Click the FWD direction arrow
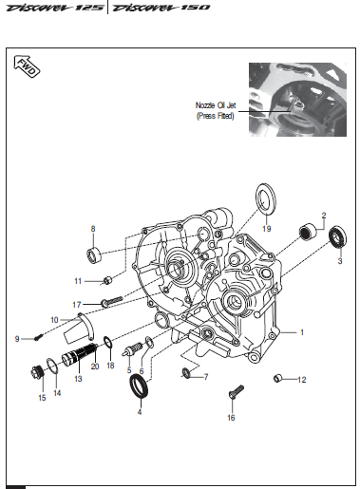point(27,66)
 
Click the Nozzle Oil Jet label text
point(216,105)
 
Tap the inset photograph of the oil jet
point(297,100)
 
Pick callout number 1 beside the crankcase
point(302,332)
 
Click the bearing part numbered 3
point(338,237)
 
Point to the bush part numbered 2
point(308,232)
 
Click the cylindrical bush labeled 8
point(93,255)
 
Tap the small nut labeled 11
point(107,280)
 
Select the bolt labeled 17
point(111,301)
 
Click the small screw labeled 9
point(39,337)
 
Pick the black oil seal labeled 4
point(139,386)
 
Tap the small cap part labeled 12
point(277,378)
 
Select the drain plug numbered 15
point(37,372)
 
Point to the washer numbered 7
point(186,373)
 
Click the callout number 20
point(95,367)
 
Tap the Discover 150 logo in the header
point(161,8)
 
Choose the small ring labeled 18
point(107,342)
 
